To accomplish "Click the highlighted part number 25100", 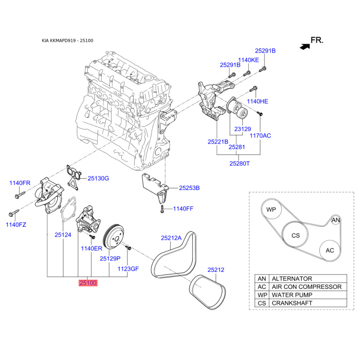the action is [88, 283].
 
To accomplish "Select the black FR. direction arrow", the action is [305, 47].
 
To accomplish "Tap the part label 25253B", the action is [189, 188].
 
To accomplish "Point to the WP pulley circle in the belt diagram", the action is [271, 209].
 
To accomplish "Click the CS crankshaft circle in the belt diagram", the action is [295, 235].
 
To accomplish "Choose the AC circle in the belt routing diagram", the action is [330, 251].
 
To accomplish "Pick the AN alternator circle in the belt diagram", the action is [335, 220].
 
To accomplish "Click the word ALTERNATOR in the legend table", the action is [292, 279].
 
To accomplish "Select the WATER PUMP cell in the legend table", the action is [308, 295].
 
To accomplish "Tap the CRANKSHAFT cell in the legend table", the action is [308, 303].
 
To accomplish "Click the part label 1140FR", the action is [20, 183].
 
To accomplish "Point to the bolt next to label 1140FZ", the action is [13, 213].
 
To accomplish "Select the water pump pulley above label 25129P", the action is [114, 237].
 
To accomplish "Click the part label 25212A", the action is [171, 238].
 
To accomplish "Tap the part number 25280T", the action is [239, 164].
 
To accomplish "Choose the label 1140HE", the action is [257, 101].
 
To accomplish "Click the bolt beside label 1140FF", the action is [162, 209].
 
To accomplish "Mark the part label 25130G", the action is [98, 178].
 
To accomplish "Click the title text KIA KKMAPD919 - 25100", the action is [67, 40].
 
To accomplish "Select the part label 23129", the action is [243, 129].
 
